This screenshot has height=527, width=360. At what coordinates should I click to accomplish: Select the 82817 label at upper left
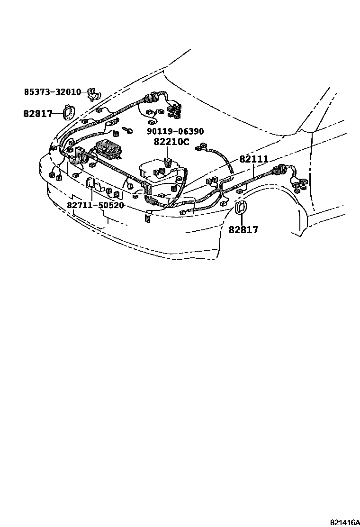pyautogui.click(x=38, y=114)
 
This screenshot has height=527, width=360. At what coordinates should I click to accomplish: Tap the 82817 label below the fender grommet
pyautogui.click(x=243, y=230)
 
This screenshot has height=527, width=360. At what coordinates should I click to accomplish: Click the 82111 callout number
pyautogui.click(x=254, y=159)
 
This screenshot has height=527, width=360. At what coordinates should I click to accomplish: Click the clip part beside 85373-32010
pyautogui.click(x=93, y=95)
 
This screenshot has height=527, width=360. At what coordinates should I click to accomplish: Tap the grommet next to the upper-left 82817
pyautogui.click(x=68, y=112)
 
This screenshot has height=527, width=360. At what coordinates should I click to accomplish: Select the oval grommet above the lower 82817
pyautogui.click(x=241, y=208)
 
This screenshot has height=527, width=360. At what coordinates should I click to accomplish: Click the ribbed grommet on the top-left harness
pyautogui.click(x=151, y=98)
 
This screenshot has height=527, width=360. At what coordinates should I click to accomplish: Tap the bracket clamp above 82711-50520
pyautogui.click(x=91, y=183)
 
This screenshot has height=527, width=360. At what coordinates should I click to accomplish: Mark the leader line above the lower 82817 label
pyautogui.click(x=242, y=219)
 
